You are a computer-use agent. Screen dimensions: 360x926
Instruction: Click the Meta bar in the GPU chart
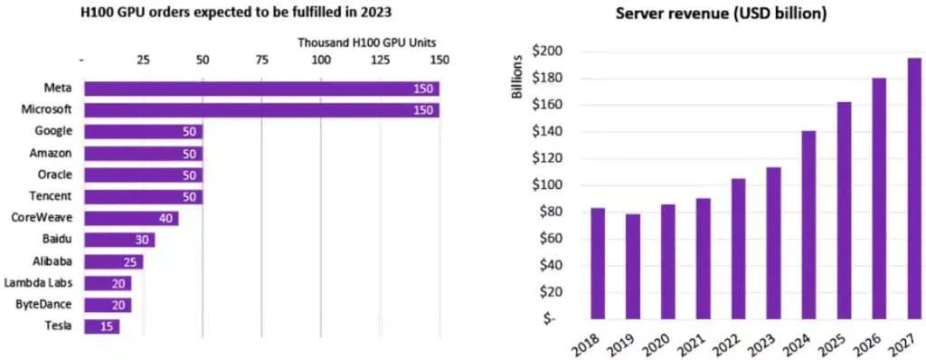click(261, 89)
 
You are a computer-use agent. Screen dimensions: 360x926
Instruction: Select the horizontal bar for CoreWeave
click(131, 218)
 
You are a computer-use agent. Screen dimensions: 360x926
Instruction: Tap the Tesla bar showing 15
click(101, 326)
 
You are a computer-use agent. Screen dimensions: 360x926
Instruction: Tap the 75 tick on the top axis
click(261, 61)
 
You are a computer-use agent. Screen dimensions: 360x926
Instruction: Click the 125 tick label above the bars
click(380, 61)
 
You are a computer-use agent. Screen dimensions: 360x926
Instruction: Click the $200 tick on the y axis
click(548, 52)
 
